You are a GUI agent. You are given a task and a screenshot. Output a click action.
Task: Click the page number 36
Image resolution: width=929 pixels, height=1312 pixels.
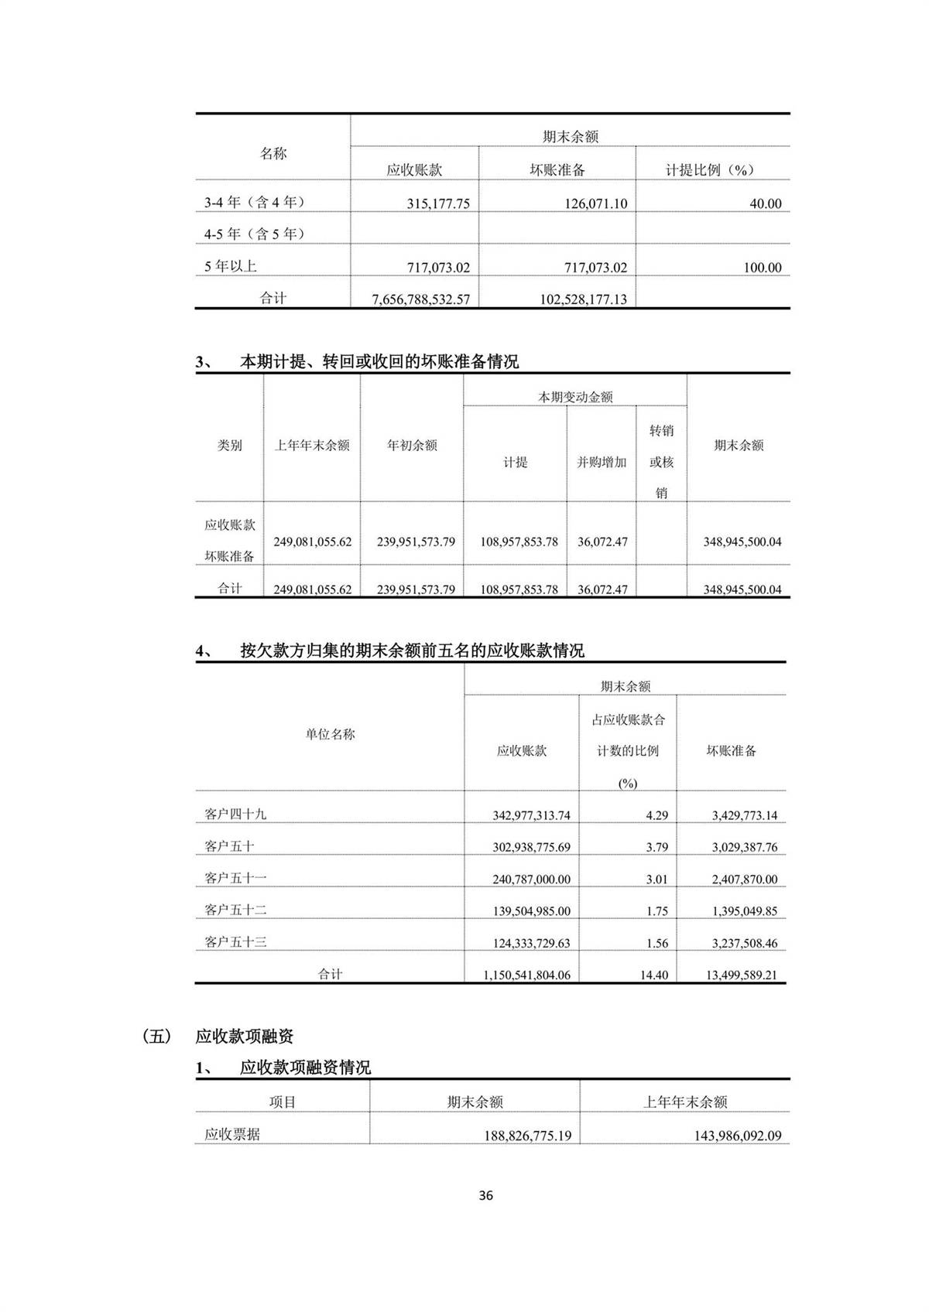click(x=485, y=1195)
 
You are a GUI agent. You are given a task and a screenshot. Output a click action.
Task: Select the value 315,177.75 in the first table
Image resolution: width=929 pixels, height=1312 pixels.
click(x=438, y=203)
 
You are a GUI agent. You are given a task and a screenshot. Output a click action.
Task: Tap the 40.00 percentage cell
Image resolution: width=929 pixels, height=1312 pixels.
click(x=765, y=203)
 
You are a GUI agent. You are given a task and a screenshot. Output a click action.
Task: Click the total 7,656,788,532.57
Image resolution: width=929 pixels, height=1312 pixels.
click(x=420, y=299)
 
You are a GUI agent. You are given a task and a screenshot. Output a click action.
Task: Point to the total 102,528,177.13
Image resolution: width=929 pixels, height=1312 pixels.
click(x=583, y=299)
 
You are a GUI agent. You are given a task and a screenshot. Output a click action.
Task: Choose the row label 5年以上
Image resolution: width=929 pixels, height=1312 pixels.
click(x=231, y=266)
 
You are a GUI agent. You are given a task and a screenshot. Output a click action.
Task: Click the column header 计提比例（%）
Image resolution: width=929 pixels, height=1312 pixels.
click(x=710, y=170)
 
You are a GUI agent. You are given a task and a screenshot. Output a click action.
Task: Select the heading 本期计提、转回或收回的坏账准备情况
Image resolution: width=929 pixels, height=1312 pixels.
click(x=379, y=361)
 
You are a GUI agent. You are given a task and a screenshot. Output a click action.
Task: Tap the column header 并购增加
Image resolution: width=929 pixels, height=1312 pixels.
click(x=602, y=462)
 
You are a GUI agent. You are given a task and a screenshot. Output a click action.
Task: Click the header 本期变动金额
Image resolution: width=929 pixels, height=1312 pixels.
click(x=575, y=397)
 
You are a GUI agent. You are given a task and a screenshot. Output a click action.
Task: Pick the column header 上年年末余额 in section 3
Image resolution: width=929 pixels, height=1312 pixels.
click(x=312, y=446)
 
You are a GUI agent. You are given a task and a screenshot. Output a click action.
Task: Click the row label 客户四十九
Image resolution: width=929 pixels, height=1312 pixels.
click(x=235, y=814)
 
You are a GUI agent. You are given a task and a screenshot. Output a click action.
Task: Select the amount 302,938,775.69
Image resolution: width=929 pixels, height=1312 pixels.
click(x=531, y=847)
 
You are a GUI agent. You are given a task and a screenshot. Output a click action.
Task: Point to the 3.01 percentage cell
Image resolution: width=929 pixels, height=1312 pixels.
click(x=656, y=880)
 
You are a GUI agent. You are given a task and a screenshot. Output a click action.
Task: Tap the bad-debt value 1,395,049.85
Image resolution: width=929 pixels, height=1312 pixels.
click(x=744, y=911)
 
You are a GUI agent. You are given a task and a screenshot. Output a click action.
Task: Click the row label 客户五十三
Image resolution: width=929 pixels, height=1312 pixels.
click(x=235, y=942)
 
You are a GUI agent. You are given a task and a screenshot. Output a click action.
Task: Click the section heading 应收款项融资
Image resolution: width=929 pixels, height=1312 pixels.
click(x=245, y=1037)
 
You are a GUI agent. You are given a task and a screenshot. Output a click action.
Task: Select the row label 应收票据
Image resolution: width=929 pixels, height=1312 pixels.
click(x=232, y=1135)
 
